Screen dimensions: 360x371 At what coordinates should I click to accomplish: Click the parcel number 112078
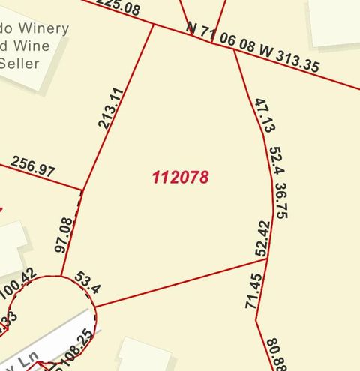(180, 178)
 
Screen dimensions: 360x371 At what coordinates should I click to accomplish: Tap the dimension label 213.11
(111, 108)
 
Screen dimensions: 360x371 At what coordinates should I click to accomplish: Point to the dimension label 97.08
(64, 235)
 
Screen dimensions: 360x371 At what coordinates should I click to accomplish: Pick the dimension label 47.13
(260, 115)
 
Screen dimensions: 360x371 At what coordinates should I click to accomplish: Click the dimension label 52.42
(262, 239)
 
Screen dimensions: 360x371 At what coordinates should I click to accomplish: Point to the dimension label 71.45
(253, 292)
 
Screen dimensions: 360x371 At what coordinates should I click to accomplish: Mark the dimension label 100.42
(19, 286)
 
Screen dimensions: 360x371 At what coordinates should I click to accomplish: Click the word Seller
(19, 64)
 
